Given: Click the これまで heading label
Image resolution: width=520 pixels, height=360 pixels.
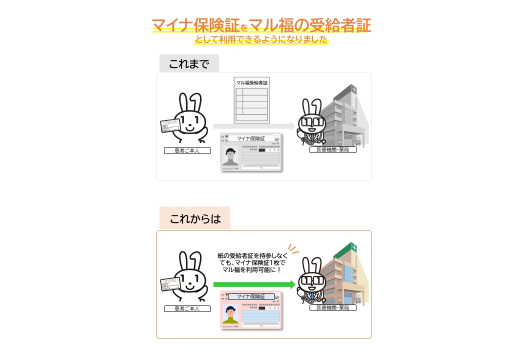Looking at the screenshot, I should click(189, 63).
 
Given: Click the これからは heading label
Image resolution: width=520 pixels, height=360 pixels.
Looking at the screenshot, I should click(194, 218).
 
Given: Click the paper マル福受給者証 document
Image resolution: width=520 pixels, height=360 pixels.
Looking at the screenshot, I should click(252, 100).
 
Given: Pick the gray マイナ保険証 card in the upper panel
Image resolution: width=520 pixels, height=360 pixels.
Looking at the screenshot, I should click(251, 153).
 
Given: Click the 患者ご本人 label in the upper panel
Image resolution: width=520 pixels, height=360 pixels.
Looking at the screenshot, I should click(187, 150).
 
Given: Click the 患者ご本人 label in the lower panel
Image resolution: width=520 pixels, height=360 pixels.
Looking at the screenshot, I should click(187, 308).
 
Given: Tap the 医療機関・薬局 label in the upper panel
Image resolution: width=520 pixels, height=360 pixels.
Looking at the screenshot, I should click(332, 150).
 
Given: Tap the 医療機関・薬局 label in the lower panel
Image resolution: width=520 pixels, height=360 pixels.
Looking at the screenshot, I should click(332, 308).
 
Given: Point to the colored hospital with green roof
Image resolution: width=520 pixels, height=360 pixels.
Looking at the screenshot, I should click(345, 275).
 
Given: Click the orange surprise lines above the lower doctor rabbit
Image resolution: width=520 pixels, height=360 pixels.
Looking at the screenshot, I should click(294, 249).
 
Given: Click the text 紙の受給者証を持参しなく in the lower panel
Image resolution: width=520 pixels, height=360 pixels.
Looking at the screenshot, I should click(252, 255).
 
